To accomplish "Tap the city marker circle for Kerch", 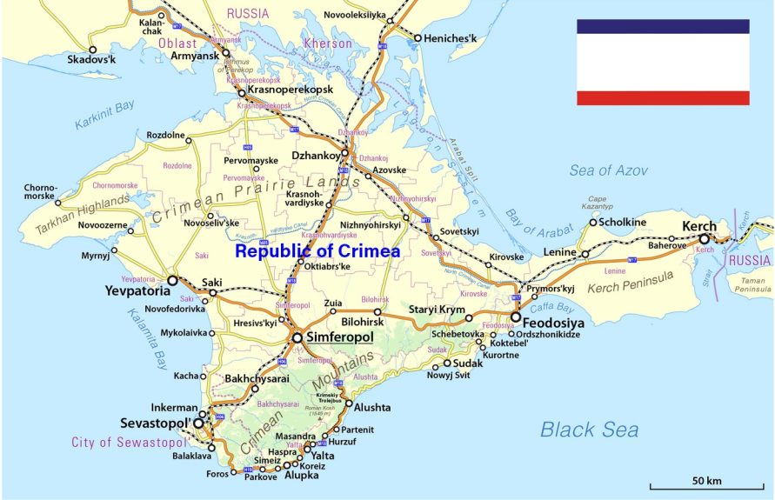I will (705, 239).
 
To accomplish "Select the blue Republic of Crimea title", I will (318, 251).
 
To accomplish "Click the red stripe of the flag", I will (663, 97).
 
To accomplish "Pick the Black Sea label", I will (589, 429).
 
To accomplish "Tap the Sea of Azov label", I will (609, 170).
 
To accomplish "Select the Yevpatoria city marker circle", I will (172, 281).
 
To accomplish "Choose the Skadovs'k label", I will (92, 59).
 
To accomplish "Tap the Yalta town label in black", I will (322, 455).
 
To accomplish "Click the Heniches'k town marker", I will (418, 38).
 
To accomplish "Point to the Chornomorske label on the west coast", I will (40, 191).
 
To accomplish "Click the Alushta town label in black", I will (371, 406).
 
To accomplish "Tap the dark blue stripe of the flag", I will (663, 26).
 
